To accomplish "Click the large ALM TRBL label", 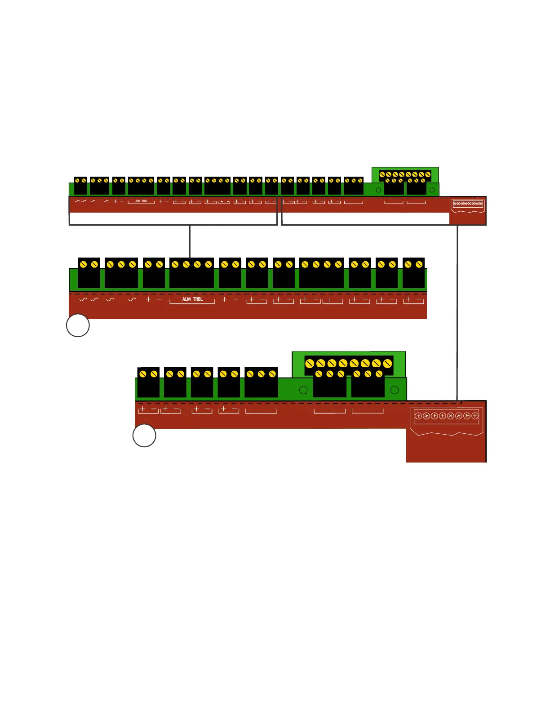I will point(192,299).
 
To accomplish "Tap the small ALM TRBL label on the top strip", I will point(141,201).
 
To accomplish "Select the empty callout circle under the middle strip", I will point(78,325).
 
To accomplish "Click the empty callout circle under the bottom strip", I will point(144,436).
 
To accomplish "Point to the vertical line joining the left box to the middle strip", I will point(190,241).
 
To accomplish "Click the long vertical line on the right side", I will point(457,315).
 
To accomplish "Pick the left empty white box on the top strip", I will point(173,218).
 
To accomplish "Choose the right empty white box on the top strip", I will point(365,218).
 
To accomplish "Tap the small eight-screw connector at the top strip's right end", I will point(467,204).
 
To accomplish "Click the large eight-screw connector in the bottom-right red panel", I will point(446,416).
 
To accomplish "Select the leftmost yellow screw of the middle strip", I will point(83,264).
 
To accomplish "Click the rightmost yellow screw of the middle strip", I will point(419,264).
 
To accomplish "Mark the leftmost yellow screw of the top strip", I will point(77,180).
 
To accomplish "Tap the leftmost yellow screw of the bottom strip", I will point(143,374).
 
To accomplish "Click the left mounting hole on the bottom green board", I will point(303,390).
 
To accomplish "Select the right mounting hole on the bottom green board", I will point(395,390).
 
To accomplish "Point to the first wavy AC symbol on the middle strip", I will point(83,299).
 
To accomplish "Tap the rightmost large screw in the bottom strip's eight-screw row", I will point(387,364).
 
